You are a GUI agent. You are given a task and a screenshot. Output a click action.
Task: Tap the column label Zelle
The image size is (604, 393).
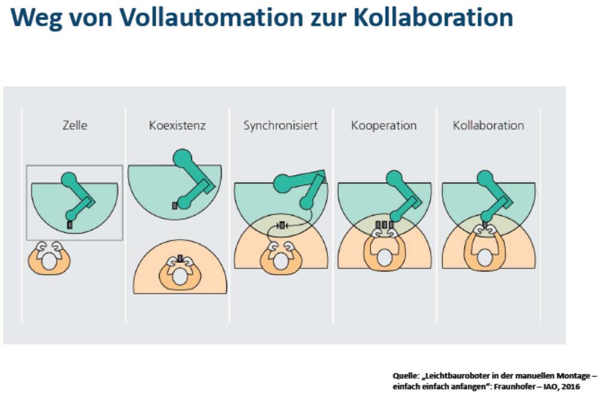pos(75,126)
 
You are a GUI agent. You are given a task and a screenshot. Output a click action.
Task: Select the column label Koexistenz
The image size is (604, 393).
pos(177,126)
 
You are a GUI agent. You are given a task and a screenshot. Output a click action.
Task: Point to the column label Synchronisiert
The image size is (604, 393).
pos(280,126)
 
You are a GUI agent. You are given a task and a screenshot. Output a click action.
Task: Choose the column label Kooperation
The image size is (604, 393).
pos(383,126)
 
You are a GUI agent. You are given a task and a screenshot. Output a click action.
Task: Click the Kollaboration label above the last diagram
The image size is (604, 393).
pos(488,126)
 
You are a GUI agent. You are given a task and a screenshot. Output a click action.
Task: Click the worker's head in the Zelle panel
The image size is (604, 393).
pos(49,261)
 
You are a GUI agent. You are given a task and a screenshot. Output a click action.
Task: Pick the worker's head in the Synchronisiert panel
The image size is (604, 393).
pos(280,261)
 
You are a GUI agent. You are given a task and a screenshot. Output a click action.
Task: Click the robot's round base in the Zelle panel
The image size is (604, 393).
pos(70,179)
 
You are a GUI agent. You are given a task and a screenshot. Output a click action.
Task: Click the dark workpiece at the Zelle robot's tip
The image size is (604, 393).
pos(70,225)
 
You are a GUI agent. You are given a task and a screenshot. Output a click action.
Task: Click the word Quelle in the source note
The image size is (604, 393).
pos(404,376)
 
